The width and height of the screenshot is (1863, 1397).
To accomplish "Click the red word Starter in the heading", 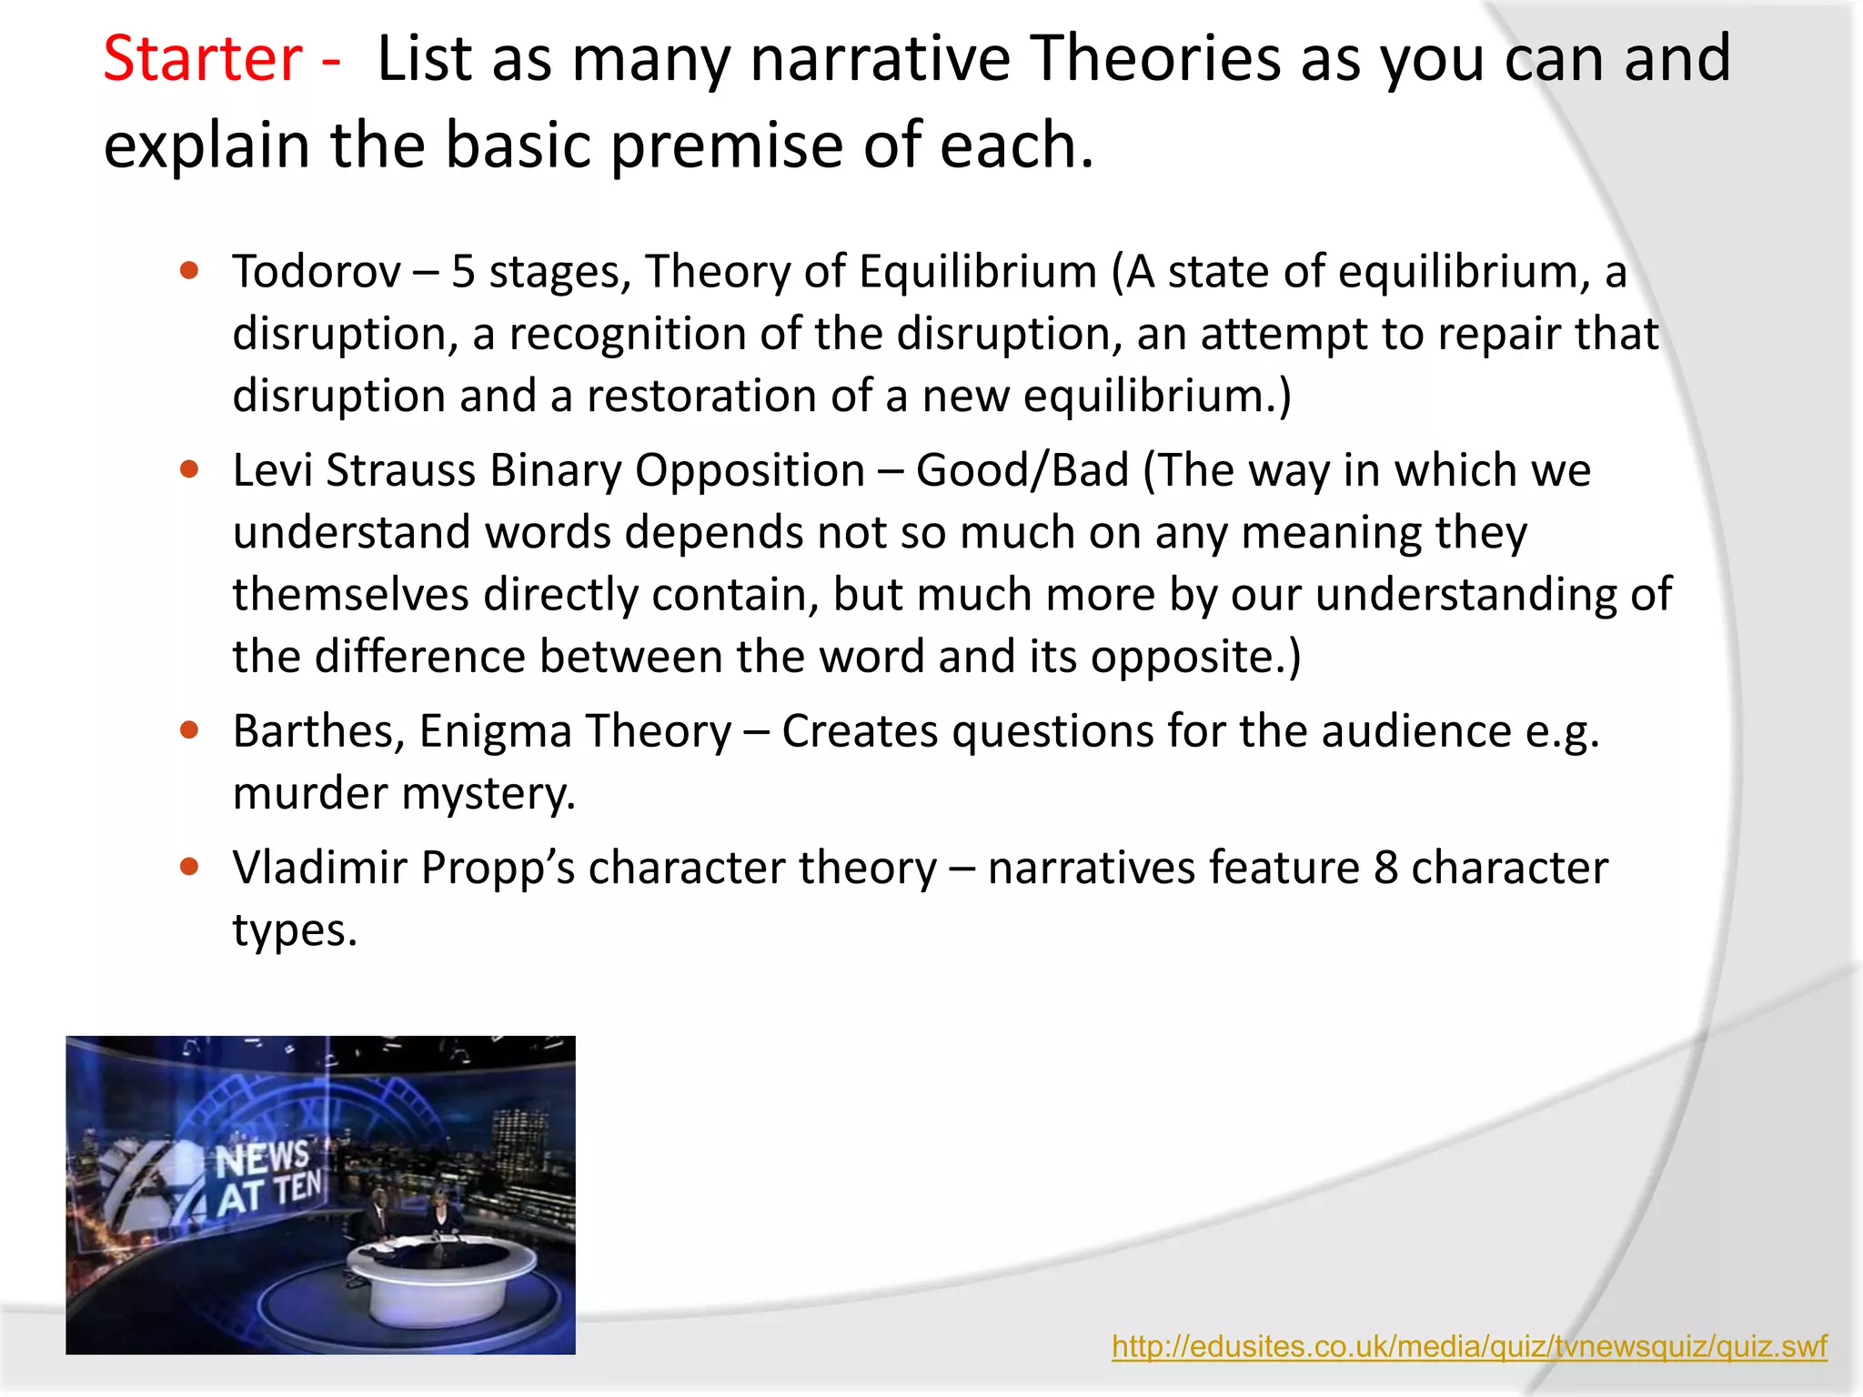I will (x=202, y=59).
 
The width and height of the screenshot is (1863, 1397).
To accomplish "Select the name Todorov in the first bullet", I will (x=316, y=272).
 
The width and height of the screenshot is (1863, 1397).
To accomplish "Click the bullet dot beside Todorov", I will (x=189, y=270).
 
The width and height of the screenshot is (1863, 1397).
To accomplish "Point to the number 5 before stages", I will (x=463, y=272).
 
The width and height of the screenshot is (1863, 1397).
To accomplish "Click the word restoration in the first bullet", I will (x=715, y=397).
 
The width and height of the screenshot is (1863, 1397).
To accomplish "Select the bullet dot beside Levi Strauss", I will (x=189, y=469).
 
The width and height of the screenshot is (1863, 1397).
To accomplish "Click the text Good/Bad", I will (x=1022, y=471).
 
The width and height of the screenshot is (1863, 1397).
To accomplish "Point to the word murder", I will (x=309, y=793).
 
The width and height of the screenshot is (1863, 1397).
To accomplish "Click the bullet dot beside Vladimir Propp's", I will (x=189, y=867).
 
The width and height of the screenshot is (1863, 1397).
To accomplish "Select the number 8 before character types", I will (x=1385, y=868).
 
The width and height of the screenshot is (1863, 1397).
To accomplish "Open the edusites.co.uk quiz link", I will (x=1468, y=1346).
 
